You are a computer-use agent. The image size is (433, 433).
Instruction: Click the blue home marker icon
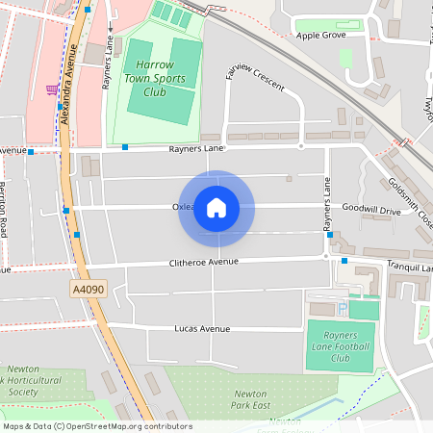click(216, 207)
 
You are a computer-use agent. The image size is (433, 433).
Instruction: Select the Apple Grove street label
click(320, 36)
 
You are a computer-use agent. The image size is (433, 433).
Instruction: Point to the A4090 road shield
click(87, 288)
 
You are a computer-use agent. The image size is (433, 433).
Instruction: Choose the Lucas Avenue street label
click(202, 328)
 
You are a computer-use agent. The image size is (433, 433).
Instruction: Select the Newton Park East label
click(250, 399)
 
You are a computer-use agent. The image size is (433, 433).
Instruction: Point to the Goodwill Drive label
click(370, 209)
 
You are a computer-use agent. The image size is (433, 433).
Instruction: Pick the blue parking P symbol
click(342, 309)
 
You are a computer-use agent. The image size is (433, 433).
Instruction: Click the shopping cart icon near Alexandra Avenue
click(50, 89)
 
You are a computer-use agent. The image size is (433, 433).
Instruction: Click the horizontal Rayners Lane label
click(196, 149)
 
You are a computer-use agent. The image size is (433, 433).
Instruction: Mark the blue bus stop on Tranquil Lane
click(344, 260)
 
